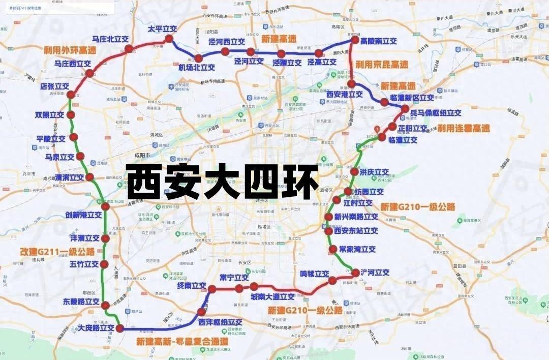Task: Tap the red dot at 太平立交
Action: (169, 39)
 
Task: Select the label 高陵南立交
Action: (378, 41)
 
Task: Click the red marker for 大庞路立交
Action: (120, 328)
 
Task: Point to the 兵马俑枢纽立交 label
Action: (436, 112)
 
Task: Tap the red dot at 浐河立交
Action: (355, 273)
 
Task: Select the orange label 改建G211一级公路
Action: (57, 251)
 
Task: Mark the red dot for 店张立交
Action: (71, 95)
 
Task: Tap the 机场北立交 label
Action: (197, 67)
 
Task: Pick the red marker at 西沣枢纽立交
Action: (202, 312)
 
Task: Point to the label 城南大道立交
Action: (272, 296)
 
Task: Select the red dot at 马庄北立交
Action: (129, 48)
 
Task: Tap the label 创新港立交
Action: (83, 215)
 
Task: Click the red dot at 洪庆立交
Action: (354, 172)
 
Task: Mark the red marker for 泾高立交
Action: (319, 53)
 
